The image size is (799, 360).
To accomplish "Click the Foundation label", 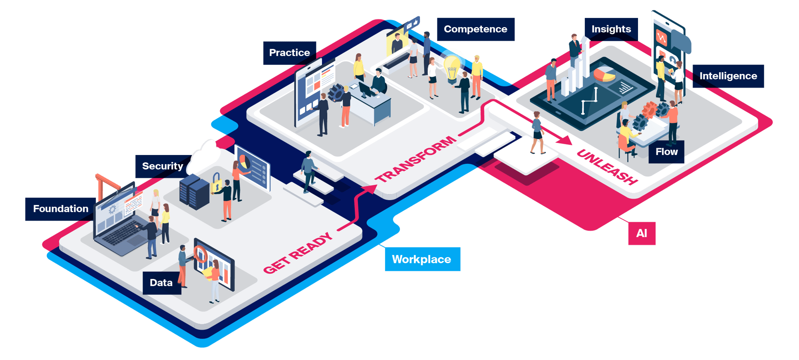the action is (61, 209).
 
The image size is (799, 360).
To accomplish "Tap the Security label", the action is (163, 166).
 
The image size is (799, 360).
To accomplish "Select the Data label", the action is (161, 283).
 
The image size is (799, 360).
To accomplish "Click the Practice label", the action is (290, 53).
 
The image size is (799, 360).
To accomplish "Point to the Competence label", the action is (475, 29).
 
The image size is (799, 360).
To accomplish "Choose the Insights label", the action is (611, 29).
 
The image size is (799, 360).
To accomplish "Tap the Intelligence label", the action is (728, 76).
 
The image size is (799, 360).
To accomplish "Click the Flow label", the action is (666, 152).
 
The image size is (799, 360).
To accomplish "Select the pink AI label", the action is (642, 233).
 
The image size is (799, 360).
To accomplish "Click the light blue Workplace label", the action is (422, 259).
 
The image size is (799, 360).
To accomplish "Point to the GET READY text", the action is (298, 253).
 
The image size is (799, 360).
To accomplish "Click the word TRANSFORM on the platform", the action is (415, 159).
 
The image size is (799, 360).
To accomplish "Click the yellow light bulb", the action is (452, 69).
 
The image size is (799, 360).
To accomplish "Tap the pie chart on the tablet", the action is (604, 74).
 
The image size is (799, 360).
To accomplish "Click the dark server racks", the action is (195, 192).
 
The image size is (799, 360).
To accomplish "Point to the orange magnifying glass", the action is (200, 255).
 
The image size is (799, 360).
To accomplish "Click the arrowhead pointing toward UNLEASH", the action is (565, 140).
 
